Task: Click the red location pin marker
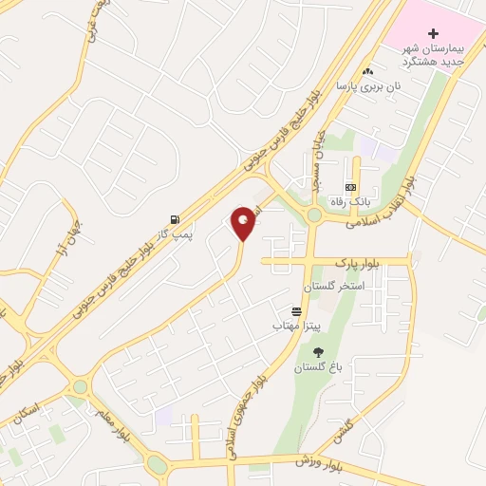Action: [244, 223]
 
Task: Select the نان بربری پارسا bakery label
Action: [369, 85]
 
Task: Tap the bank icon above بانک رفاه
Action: [351, 188]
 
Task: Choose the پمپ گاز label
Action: [175, 232]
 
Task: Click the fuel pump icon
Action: [175, 217]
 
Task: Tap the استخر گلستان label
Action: [329, 286]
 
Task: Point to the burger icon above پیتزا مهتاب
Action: [297, 311]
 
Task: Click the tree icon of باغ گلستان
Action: [318, 352]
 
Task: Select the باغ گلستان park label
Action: [318, 366]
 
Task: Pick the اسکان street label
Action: [26, 414]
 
